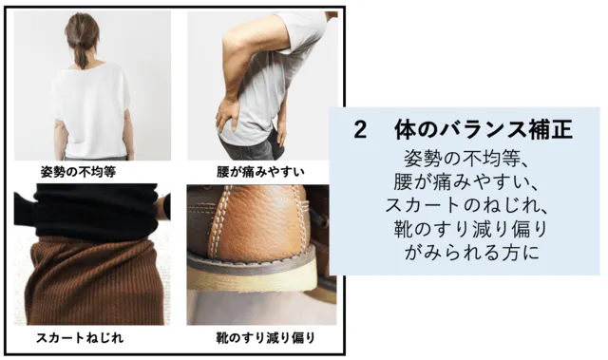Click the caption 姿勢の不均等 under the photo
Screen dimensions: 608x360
coord(78,172)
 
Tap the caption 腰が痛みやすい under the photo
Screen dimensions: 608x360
coord(260,172)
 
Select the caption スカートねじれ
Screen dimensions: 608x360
coord(80,337)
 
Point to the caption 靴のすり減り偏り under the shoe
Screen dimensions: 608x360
coord(266,337)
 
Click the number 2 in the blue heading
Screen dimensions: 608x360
coord(360,129)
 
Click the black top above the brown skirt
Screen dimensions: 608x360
coord(93,211)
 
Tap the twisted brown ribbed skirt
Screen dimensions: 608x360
coord(95,281)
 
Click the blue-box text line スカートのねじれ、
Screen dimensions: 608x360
coord(466,205)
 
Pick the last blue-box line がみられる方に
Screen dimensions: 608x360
coord(472,253)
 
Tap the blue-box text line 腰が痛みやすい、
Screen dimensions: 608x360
coord(466,181)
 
